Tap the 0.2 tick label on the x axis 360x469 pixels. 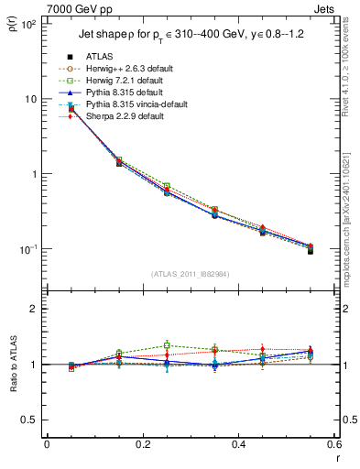click(x=142, y=445)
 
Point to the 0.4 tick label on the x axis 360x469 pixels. click(x=237, y=445)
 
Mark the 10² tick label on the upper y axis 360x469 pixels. click(x=29, y=24)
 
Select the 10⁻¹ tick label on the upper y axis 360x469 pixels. click(x=28, y=249)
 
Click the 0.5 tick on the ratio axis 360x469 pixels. click(x=30, y=420)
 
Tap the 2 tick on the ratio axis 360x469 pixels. click(x=36, y=309)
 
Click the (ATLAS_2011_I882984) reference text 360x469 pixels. click(x=190, y=275)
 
